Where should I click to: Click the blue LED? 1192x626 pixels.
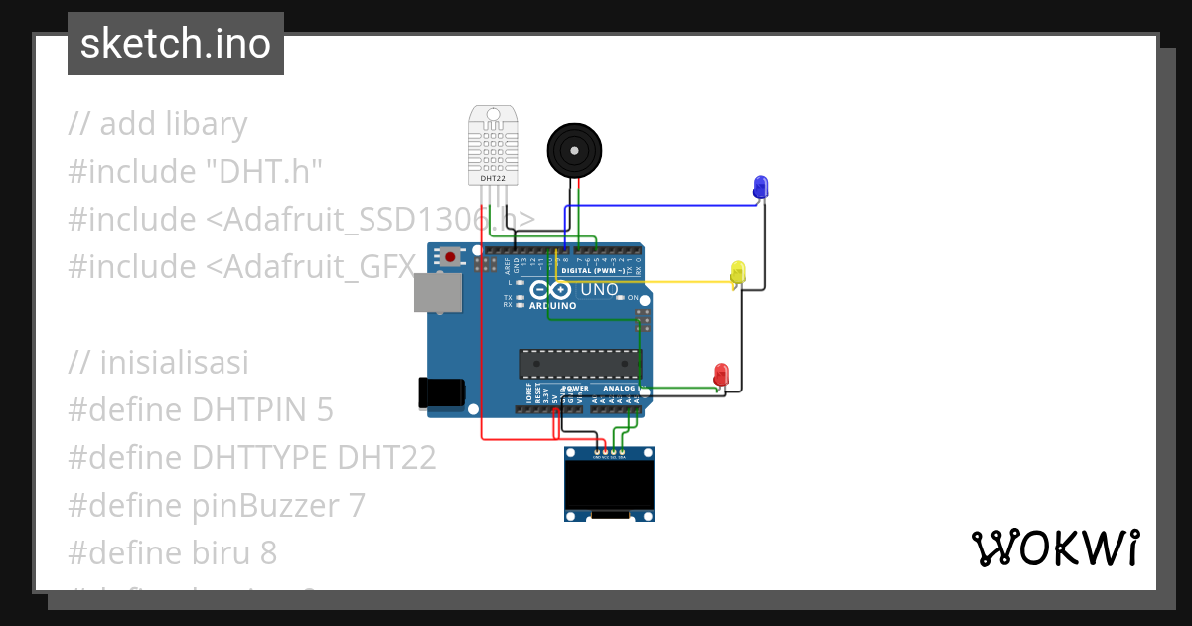[x=760, y=186]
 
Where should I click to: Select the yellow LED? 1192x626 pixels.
[x=737, y=271]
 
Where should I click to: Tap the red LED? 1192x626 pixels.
[x=721, y=375]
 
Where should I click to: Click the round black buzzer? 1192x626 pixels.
[x=575, y=150]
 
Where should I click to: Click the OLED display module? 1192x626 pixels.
[x=609, y=484]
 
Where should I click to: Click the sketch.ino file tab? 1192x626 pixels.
[x=176, y=44]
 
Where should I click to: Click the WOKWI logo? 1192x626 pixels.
[x=1055, y=548]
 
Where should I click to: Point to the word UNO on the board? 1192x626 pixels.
[x=599, y=289]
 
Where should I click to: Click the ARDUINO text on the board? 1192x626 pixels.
[x=552, y=306]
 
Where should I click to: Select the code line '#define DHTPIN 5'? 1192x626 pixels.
[x=201, y=410]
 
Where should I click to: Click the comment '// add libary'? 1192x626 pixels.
[x=158, y=124]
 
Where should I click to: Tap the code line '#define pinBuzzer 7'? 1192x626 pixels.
[x=217, y=506]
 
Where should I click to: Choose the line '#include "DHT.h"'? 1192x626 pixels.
[x=197, y=172]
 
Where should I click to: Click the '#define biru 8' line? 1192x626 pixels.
[x=173, y=553]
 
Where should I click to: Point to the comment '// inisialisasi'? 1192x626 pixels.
[x=159, y=363]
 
